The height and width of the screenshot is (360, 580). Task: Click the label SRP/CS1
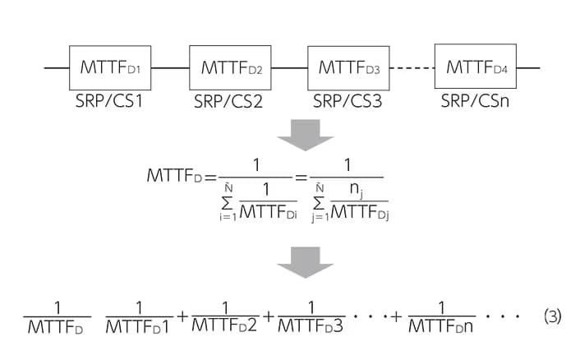pos(109,101)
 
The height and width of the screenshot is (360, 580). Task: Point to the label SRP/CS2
pos(228,101)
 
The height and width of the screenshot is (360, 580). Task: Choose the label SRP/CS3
pos(348,101)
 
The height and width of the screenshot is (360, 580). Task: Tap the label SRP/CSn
pos(475,100)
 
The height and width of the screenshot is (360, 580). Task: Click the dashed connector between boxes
pos(412,68)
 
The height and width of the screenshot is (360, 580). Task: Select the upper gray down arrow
pos(305,135)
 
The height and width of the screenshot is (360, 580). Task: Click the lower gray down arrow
pos(305,262)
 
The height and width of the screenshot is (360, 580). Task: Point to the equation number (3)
pos(553,316)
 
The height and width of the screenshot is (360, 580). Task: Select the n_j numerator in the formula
pos(356,189)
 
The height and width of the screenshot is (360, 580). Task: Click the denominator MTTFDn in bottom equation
pos(441,326)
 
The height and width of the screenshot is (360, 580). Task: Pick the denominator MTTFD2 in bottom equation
pos(224,325)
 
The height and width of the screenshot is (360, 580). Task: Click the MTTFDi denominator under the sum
pos(268,212)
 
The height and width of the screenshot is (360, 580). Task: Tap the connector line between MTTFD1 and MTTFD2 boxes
pos(170,68)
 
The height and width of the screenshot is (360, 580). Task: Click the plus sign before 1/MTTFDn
pos(397,316)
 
